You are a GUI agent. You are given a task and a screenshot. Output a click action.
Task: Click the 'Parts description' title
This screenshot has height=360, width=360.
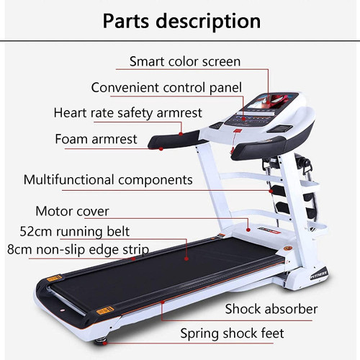tap(181, 21)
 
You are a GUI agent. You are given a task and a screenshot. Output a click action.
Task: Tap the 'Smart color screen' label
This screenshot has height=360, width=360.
tap(185, 61)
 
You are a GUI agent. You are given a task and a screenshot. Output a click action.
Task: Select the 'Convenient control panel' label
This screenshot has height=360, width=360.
tap(166, 87)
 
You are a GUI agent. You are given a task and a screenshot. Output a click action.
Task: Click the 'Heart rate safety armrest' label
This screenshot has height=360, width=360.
tap(128, 113)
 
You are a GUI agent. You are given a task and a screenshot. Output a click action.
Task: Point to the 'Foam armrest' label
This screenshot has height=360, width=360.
tap(96, 139)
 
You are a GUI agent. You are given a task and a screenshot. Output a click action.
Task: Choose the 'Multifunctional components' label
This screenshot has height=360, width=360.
tap(108, 180)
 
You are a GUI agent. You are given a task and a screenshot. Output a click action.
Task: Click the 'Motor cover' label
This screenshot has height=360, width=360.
tap(72, 211)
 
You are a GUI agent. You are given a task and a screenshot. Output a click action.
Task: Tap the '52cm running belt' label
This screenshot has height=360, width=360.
tap(75, 231)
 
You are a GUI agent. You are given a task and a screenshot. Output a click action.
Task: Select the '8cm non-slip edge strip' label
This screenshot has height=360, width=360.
tap(78, 250)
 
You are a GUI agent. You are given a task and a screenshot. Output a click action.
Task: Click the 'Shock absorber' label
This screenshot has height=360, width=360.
tap(271, 309)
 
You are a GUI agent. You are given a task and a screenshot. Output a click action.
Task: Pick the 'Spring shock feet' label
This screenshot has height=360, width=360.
tap(232, 333)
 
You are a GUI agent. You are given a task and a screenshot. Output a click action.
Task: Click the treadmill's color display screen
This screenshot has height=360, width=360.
tap(271, 102)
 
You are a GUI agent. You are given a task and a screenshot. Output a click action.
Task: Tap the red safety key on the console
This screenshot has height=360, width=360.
tap(238, 131)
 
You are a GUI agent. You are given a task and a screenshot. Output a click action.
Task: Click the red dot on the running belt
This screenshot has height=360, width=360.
tap(186, 258)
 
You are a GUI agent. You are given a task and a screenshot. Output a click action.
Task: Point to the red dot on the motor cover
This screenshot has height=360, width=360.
tap(248, 230)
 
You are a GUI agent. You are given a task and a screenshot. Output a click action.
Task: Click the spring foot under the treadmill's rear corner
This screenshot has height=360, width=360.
tap(100, 341)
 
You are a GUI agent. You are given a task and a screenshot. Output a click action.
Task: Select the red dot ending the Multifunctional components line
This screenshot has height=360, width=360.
tap(271, 191)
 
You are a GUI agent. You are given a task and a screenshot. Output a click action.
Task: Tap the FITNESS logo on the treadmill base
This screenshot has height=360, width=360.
tap(318, 275)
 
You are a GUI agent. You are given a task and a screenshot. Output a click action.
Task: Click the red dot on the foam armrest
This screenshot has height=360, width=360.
tap(161, 149)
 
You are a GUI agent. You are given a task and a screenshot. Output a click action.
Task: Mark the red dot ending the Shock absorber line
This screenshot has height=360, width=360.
tap(163, 302)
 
